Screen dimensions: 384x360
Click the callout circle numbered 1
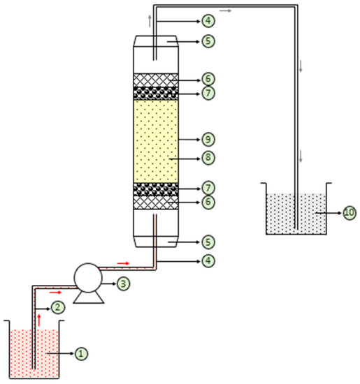click(81, 354)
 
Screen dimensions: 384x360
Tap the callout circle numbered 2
click(57, 307)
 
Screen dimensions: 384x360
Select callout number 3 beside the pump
click(123, 284)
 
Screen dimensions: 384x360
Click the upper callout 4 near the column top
click(208, 20)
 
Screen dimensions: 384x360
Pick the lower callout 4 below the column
click(208, 262)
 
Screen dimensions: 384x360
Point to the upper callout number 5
click(208, 41)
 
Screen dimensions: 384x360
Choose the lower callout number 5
click(208, 242)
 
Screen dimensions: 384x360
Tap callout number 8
click(208, 158)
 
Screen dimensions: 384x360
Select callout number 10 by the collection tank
click(350, 212)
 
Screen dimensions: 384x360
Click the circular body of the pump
click(89, 277)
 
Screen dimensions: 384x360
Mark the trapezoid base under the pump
click(89, 297)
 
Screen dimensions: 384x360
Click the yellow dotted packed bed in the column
click(155, 140)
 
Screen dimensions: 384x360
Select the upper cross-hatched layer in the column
click(155, 80)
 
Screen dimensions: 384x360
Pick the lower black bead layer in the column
click(155, 188)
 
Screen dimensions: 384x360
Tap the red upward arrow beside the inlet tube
click(39, 320)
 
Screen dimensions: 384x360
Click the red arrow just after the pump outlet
click(122, 263)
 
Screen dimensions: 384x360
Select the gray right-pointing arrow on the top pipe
click(226, 11)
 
